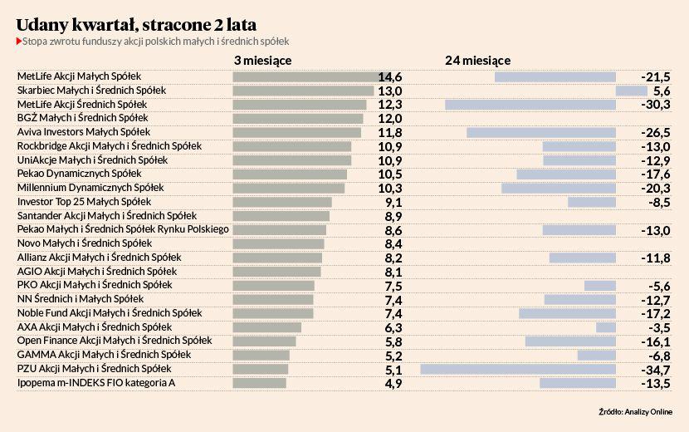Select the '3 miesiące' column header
coord(262,60)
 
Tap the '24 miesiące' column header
coord(477,60)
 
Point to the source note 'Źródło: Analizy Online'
coord(635,411)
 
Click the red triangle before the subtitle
coord(18,41)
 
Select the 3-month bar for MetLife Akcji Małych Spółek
coord(305,77)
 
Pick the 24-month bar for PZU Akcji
coord(518,369)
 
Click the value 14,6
coord(390,77)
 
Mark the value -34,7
coord(656,369)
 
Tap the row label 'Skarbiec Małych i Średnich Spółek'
coord(91,91)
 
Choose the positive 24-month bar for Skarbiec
coord(631,91)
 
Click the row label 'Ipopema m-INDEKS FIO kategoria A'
coord(96,383)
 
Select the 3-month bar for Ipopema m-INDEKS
coord(260,383)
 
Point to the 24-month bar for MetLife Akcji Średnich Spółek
coord(530,105)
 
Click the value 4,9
coord(393,383)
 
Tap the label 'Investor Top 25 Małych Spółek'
coord(84,202)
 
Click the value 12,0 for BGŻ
coord(390,119)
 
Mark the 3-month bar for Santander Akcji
coord(281,216)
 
